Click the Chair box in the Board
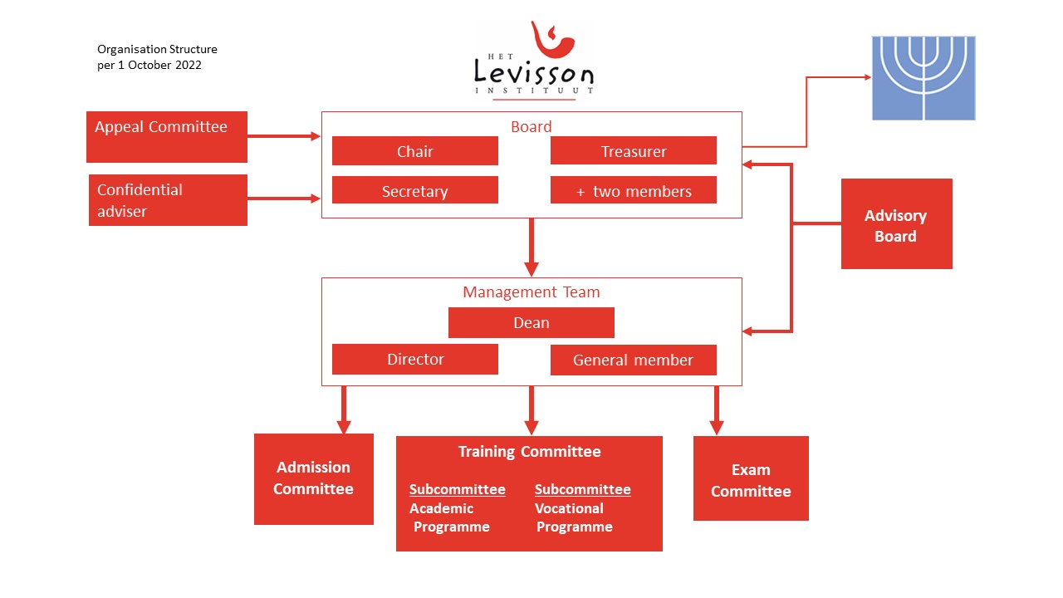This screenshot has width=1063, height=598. tap(414, 151)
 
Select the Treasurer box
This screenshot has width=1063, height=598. tap(633, 151)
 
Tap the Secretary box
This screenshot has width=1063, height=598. tap(414, 190)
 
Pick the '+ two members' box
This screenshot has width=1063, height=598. tap(633, 190)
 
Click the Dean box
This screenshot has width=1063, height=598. tap(531, 322)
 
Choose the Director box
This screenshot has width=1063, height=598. tap(414, 360)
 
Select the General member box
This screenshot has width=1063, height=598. tap(633, 360)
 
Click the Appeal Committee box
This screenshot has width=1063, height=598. tap(167, 137)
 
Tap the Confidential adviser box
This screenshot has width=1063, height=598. tap(168, 200)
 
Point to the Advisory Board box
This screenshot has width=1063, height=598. tap(896, 224)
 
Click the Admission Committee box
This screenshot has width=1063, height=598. tap(313, 478)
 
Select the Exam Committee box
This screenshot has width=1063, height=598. tap(751, 479)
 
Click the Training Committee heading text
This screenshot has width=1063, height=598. tap(529, 452)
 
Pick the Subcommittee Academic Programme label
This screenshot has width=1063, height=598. tap(456, 507)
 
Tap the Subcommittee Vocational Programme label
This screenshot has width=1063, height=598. tap(581, 507)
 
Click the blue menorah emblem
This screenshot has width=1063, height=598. tap(923, 78)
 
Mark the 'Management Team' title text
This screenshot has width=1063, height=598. tap(531, 292)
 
